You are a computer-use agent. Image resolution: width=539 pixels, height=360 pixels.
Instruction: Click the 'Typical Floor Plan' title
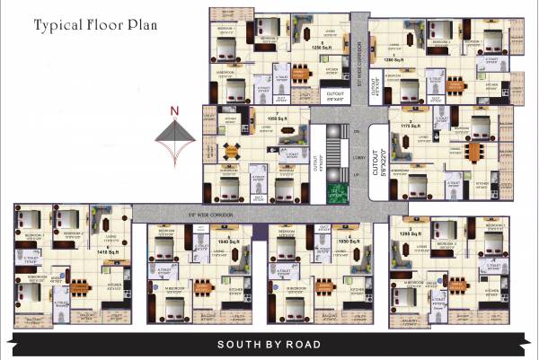tap(95, 24)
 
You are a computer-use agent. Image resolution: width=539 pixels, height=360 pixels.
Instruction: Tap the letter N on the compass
tap(176, 111)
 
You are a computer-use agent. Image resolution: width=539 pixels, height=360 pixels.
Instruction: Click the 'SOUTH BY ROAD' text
tap(269, 345)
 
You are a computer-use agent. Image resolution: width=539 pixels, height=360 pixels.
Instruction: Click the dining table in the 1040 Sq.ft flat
tap(204, 288)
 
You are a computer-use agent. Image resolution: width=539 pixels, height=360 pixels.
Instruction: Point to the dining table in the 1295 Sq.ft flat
tap(457, 285)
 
